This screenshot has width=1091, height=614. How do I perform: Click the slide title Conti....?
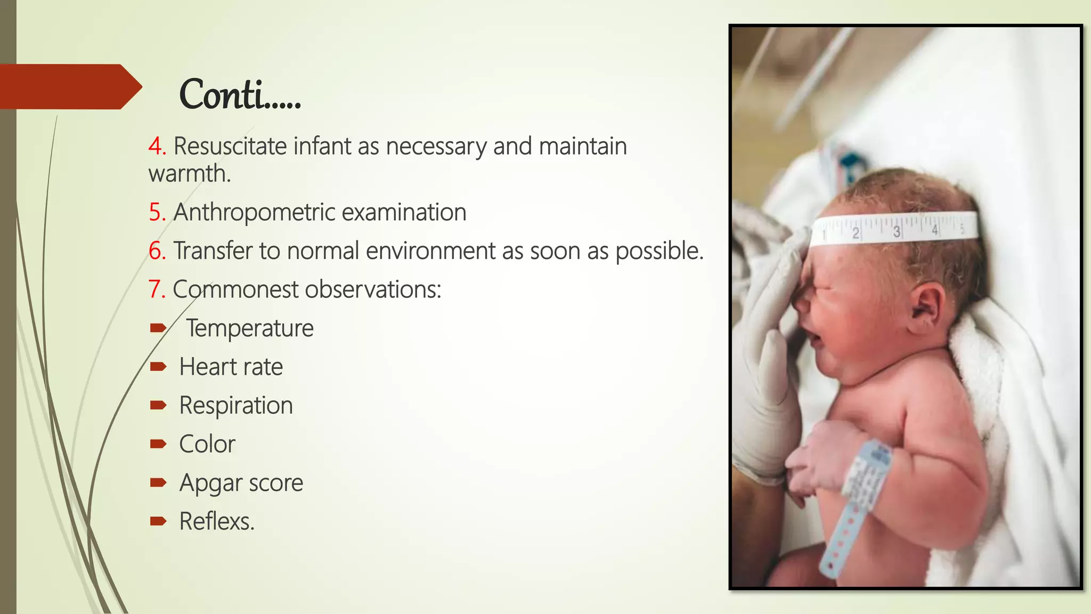point(240,94)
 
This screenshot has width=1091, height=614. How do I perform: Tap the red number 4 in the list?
point(156,146)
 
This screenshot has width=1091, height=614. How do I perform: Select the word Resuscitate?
point(230,146)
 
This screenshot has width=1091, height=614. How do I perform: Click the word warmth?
point(189,173)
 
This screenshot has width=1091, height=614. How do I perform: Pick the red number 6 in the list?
point(157,251)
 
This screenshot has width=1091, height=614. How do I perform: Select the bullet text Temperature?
point(249,328)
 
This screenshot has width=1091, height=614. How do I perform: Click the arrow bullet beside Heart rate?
point(158,367)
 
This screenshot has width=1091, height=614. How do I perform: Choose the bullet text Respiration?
point(236,405)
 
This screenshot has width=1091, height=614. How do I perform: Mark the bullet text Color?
point(207,444)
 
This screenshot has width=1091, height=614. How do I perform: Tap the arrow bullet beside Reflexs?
point(158,521)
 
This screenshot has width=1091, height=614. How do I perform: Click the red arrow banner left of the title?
point(69,86)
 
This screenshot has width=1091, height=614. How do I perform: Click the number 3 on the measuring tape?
point(897,231)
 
